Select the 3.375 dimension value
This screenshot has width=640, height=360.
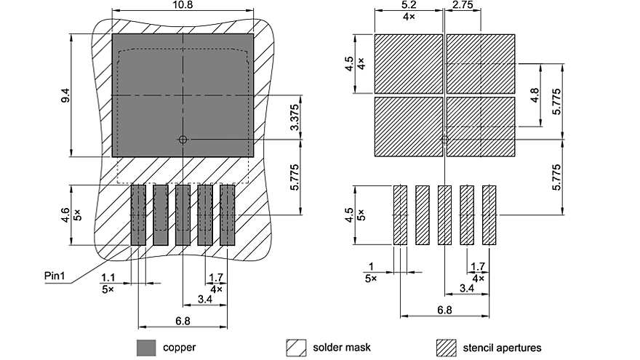[x=293, y=117]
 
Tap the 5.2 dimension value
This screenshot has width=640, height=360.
[x=408, y=6]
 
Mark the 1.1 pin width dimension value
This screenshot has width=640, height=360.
[x=108, y=277]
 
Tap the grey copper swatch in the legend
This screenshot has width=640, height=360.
[x=147, y=348]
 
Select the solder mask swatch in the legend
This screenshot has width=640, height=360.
[x=297, y=348]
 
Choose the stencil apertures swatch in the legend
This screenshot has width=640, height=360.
[x=446, y=348]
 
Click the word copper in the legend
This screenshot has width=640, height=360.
[x=179, y=348]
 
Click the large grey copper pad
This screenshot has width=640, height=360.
[x=182, y=95]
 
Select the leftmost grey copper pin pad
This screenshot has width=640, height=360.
[x=138, y=215]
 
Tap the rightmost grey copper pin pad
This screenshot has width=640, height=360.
[x=227, y=215]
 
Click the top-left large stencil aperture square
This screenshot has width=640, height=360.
[x=407, y=63]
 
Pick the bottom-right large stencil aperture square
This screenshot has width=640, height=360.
[x=480, y=127]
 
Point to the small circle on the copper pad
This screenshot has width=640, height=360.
[x=183, y=138]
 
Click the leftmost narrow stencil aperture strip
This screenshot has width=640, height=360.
[x=400, y=215]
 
